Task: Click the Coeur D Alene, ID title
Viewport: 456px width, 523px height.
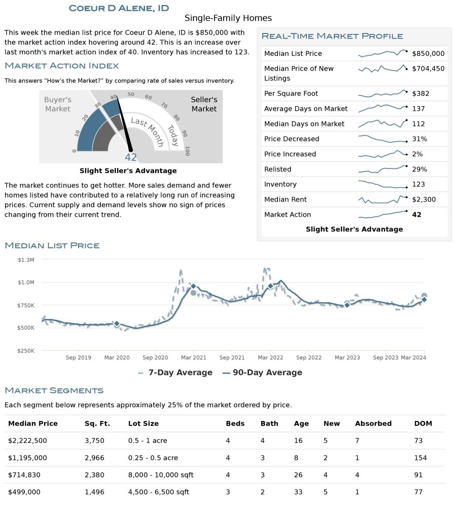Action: click(x=119, y=8)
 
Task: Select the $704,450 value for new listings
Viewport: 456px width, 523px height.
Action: click(x=428, y=69)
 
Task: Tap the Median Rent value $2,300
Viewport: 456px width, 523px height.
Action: click(x=424, y=200)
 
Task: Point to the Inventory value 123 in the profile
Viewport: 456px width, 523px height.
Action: click(x=418, y=184)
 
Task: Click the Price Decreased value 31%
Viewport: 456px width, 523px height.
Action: click(x=419, y=139)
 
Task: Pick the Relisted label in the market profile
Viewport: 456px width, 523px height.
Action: click(x=277, y=169)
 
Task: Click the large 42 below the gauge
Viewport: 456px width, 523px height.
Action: click(x=131, y=157)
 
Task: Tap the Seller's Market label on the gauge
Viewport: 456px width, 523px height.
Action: click(x=204, y=104)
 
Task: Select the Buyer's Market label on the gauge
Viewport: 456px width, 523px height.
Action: click(x=58, y=104)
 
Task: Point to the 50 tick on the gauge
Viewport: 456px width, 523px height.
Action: click(x=130, y=94)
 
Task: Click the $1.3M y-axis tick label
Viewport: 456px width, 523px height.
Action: click(x=26, y=260)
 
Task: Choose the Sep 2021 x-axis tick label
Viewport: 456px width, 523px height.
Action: click(x=232, y=357)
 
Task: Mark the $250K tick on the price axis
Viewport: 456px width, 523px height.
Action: click(x=26, y=350)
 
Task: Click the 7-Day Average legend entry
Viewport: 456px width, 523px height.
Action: click(x=175, y=372)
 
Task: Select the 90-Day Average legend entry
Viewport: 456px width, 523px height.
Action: click(x=262, y=372)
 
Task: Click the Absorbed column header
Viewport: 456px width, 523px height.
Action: click(x=373, y=423)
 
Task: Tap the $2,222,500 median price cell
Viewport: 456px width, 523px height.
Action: click(x=27, y=441)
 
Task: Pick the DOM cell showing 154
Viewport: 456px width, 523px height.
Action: click(x=420, y=457)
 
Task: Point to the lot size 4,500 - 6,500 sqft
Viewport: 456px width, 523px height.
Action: click(x=159, y=492)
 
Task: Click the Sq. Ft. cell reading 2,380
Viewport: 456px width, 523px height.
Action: click(x=94, y=475)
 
